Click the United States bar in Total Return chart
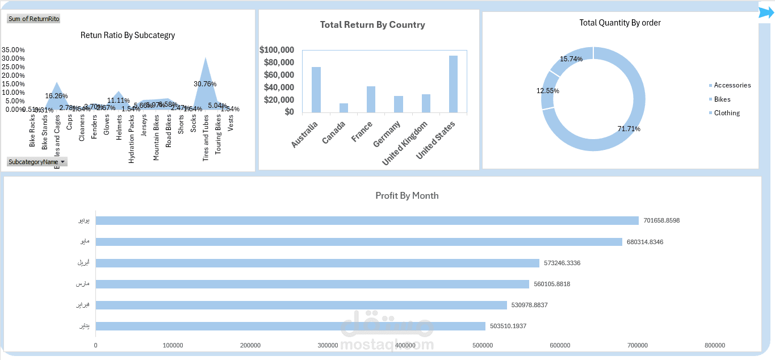click(453, 83)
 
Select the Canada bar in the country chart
click(343, 108)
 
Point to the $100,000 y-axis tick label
click(277, 50)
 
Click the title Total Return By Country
click(372, 25)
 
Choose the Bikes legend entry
click(722, 99)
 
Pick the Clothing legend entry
click(727, 113)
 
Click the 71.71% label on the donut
click(629, 129)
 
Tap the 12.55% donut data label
click(548, 91)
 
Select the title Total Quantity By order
click(620, 23)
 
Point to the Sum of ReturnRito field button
click(34, 19)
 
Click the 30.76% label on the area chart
click(205, 83)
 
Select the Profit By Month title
click(407, 195)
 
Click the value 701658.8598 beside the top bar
click(661, 220)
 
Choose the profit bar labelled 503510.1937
click(291, 326)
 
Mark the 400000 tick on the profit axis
click(405, 345)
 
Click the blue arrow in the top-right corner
click(766, 12)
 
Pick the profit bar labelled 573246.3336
click(317, 263)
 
